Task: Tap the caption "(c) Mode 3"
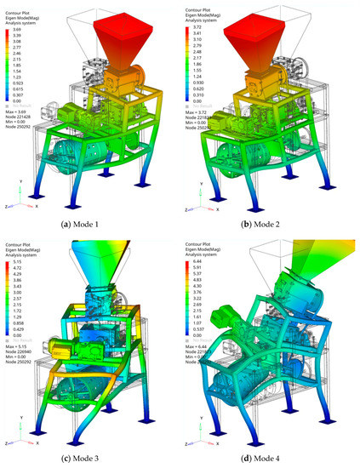click(x=90, y=460)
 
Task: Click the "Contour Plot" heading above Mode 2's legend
click(x=200, y=9)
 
